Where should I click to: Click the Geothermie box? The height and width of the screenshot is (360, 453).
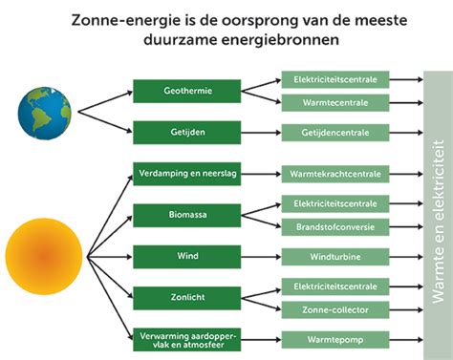(x=185, y=91)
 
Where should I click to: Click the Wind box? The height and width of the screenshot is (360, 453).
(x=185, y=256)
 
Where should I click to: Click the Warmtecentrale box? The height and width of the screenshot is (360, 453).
(x=334, y=102)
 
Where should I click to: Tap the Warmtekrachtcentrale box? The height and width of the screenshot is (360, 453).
(x=334, y=174)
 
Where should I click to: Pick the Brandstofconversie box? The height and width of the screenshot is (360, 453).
(x=334, y=226)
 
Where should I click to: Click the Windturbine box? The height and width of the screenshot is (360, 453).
(x=334, y=256)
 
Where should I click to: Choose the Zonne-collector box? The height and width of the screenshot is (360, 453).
(x=334, y=308)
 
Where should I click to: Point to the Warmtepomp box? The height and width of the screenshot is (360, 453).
(x=334, y=338)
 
